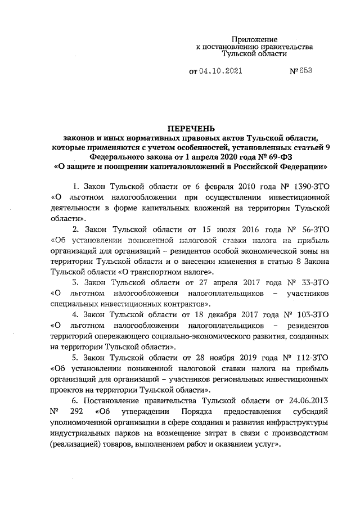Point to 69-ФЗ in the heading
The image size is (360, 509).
(281, 157)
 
